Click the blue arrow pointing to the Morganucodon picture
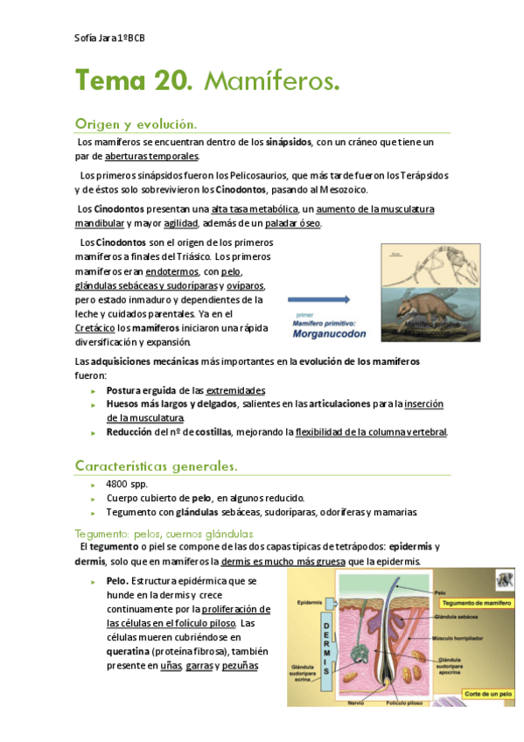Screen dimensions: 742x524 [x=320, y=298]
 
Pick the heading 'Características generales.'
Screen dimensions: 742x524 [x=157, y=465]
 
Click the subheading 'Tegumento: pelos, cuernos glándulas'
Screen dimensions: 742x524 [x=164, y=533]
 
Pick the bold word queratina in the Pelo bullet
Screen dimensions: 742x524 [x=127, y=652]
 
